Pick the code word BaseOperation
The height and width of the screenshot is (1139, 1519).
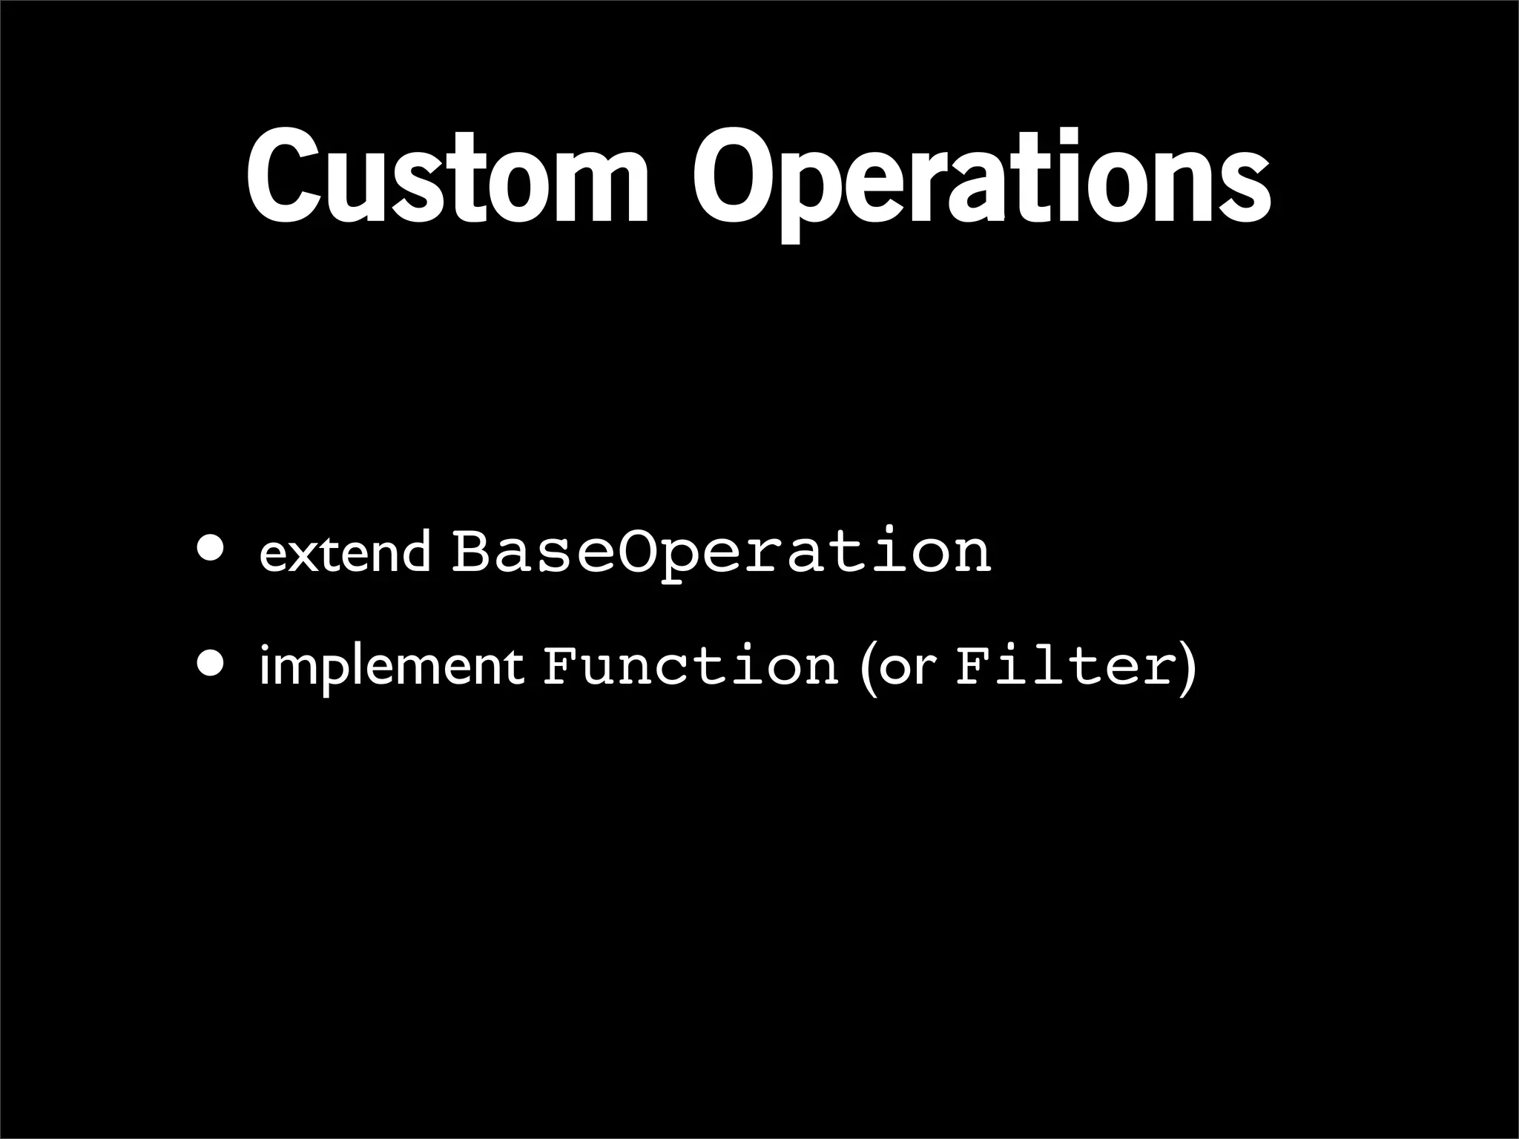click(x=721, y=552)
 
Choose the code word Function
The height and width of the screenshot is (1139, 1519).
click(x=690, y=665)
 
